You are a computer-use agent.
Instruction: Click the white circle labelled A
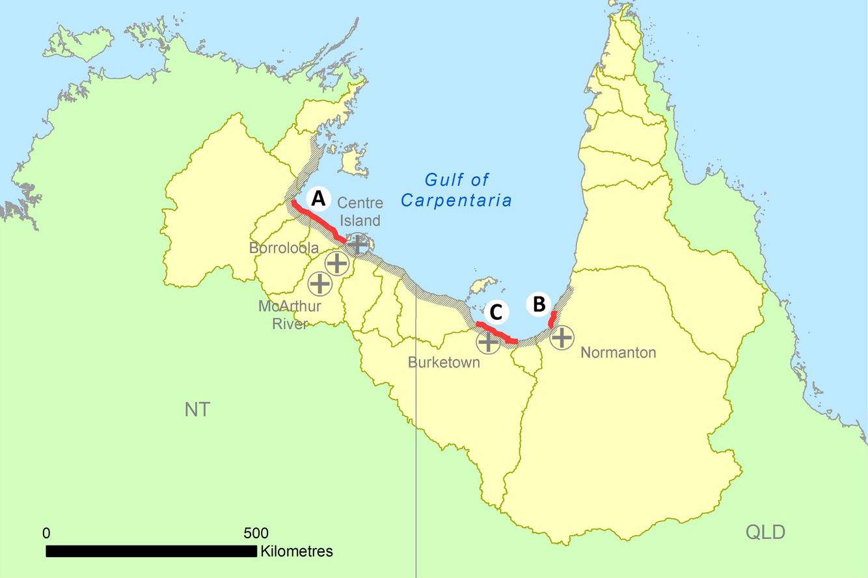[x=318, y=199]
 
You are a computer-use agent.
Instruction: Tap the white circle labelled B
[x=539, y=304]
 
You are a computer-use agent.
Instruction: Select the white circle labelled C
[x=496, y=313]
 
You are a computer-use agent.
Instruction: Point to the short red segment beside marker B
[x=552, y=319]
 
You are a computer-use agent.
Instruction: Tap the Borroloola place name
[x=284, y=248]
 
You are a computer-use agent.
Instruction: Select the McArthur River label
[x=289, y=314]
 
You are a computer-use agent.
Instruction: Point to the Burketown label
[x=444, y=362]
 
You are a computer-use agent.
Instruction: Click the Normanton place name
[x=618, y=353]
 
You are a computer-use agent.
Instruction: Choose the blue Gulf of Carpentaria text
[x=456, y=190]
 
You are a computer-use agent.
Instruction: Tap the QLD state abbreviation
[x=765, y=532]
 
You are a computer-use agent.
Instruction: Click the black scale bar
[x=151, y=551]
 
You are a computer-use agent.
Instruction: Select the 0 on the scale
[x=46, y=533]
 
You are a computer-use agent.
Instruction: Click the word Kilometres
[x=297, y=551]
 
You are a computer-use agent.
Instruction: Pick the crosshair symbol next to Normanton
[x=562, y=337]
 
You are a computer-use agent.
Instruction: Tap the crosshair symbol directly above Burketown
[x=488, y=341]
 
